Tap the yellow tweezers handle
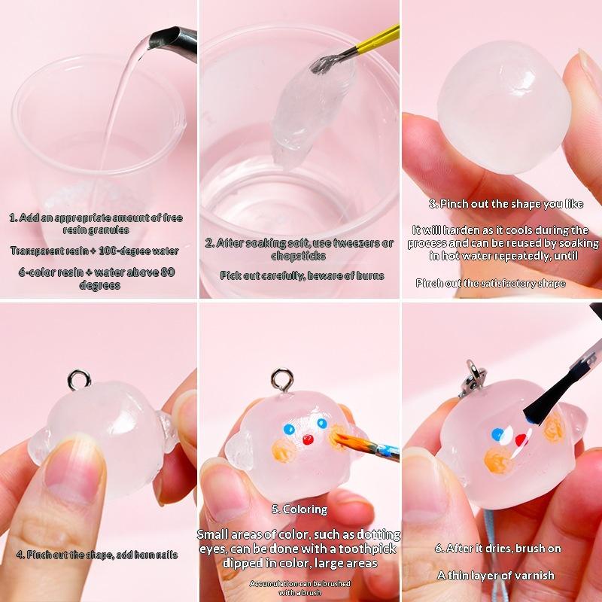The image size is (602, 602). click(379, 39)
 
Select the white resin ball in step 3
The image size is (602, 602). click(503, 108)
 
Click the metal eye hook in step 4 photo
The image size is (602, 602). click(79, 380)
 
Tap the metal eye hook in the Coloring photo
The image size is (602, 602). click(282, 380)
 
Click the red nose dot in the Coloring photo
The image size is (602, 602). click(308, 439)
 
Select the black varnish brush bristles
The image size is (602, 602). click(542, 404)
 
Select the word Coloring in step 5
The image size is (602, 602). click(305, 509)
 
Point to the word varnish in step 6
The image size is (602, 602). click(534, 575)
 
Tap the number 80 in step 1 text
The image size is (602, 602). click(168, 272)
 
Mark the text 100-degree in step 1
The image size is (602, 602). click(123, 251)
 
